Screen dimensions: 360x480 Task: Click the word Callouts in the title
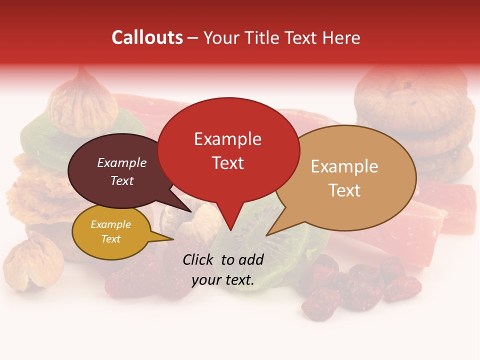147,37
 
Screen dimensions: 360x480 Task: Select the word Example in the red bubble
227,139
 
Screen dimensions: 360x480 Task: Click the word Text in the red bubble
227,163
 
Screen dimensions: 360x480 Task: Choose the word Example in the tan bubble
344,166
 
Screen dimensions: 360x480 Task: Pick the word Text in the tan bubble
344,190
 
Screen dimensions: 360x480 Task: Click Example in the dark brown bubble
122,162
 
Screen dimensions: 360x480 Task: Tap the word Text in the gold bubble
111,239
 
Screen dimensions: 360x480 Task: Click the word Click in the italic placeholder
198,259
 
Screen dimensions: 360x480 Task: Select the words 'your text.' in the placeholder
223,280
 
